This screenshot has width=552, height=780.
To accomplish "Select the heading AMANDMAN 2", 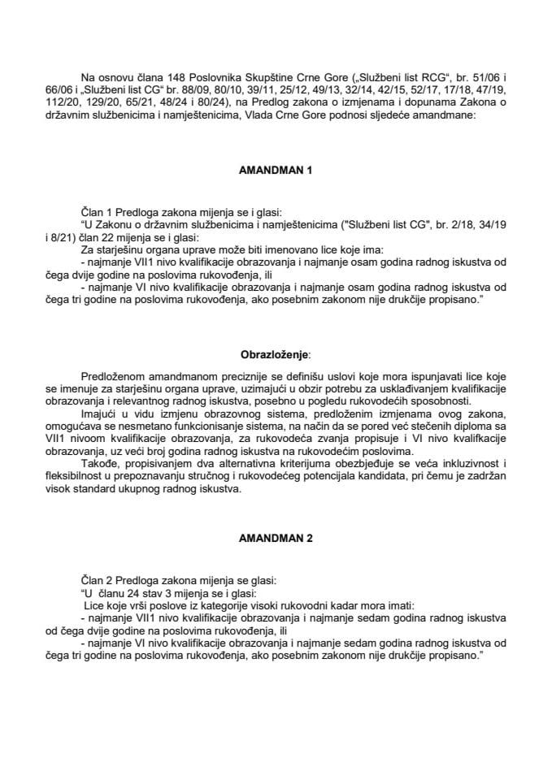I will tap(276, 538).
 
